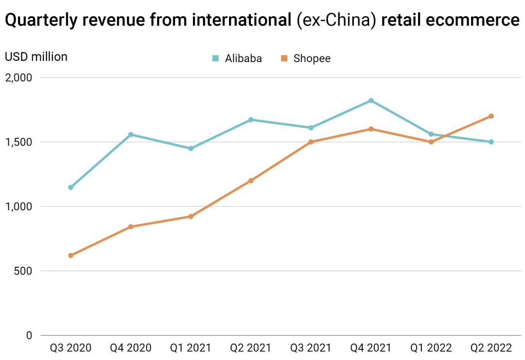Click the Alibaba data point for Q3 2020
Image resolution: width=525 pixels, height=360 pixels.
click(70, 187)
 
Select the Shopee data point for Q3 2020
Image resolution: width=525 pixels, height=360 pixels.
click(70, 255)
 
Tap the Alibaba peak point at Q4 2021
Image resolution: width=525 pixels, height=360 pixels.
click(371, 101)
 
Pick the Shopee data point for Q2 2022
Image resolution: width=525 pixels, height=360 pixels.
click(491, 116)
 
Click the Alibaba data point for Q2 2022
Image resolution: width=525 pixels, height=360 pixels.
click(491, 142)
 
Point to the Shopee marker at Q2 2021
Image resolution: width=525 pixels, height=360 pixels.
click(251, 180)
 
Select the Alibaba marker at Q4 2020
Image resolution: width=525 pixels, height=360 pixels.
click(131, 135)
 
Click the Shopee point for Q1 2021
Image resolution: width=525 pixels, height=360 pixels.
click(191, 216)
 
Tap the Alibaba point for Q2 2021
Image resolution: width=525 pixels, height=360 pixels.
click(251, 120)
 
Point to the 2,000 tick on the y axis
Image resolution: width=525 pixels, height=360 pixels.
click(18, 78)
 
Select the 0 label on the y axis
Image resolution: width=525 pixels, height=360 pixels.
click(29, 336)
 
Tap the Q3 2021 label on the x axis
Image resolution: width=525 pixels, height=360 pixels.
click(311, 348)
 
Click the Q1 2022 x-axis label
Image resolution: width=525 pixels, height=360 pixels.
click(431, 348)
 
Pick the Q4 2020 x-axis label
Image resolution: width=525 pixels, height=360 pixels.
click(131, 348)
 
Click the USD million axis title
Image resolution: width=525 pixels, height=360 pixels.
click(36, 57)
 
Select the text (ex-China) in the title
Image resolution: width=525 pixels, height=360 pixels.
click(337, 21)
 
